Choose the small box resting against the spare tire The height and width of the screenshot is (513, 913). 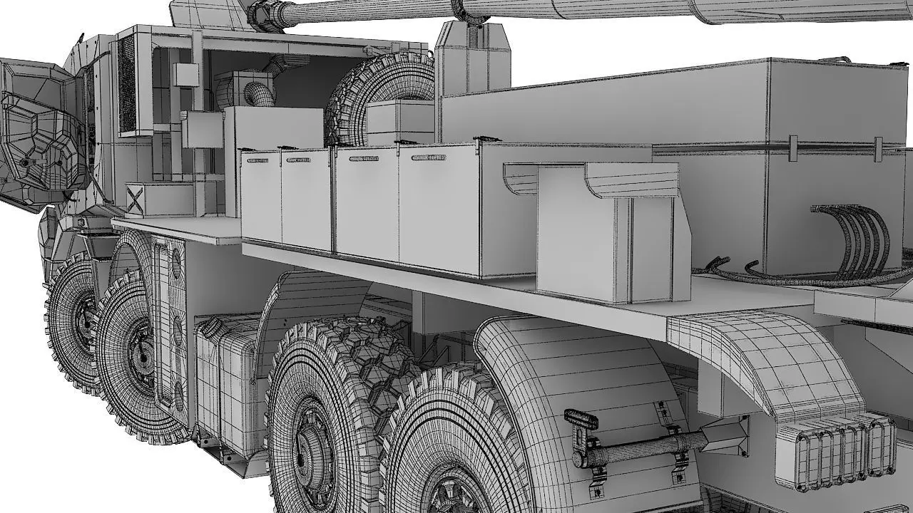[x=399, y=121]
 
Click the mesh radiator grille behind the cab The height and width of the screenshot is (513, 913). [x=126, y=85]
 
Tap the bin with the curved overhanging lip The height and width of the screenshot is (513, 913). [x=606, y=228]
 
